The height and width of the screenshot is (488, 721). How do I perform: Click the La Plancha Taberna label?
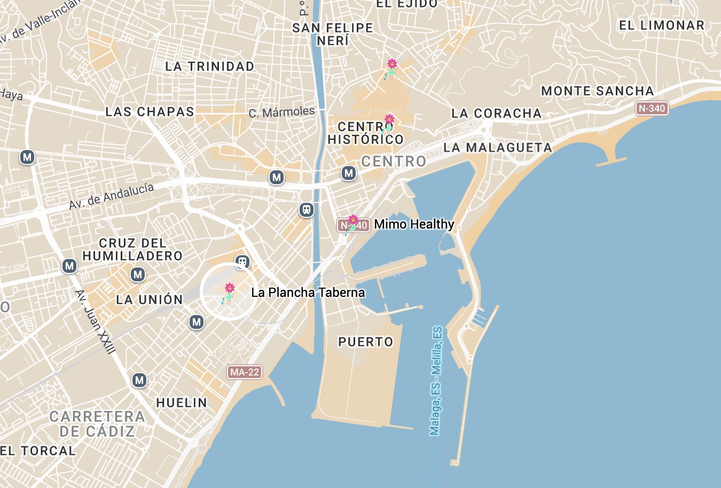pos(308,292)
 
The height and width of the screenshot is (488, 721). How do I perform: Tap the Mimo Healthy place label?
pos(414,224)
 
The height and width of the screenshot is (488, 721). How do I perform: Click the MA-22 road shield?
pos(245,372)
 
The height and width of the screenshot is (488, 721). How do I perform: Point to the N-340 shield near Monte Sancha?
pos(652,108)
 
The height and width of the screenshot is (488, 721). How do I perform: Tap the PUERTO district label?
pos(366,342)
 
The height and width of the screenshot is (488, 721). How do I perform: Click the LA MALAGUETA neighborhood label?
pos(498,147)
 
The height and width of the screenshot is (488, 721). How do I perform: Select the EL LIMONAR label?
pos(661,25)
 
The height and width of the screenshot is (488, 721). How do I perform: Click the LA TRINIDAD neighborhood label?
pos(209,66)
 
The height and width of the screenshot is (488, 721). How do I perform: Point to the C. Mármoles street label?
pos(281,112)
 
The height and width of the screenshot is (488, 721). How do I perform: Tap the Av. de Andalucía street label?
pos(111,196)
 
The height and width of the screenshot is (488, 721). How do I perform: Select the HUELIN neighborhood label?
pos(182,403)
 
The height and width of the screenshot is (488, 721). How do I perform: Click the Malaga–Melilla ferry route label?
pos(436,381)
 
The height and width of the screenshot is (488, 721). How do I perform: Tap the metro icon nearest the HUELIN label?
pos(139,380)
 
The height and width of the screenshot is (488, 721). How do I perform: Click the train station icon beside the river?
pos(306,210)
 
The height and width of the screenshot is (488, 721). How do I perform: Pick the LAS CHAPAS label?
pos(150,112)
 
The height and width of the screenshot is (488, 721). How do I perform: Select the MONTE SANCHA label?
pos(597,91)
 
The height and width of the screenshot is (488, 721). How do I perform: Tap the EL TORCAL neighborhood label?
pos(38,451)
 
